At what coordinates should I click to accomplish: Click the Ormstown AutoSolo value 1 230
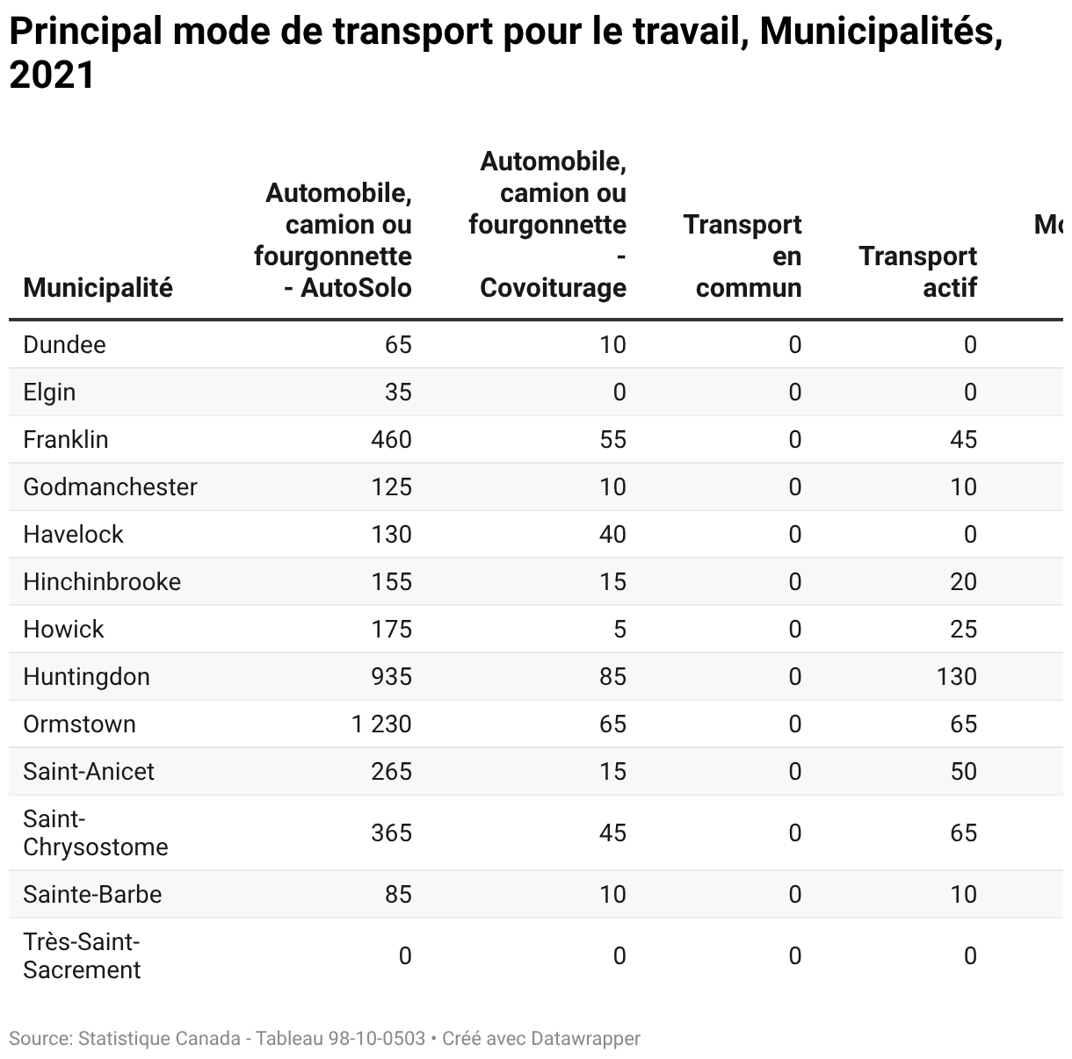pyautogui.click(x=381, y=724)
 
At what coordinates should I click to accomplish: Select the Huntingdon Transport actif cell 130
pyautogui.click(x=956, y=676)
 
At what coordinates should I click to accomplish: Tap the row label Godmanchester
pyautogui.click(x=110, y=486)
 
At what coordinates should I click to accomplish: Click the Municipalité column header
pyautogui.click(x=98, y=287)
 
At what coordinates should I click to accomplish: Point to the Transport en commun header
pyautogui.click(x=742, y=256)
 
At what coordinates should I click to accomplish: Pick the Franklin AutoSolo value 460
pyautogui.click(x=391, y=439)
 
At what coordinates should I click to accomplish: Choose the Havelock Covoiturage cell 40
pyautogui.click(x=612, y=534)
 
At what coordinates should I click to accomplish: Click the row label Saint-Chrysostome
pyautogui.click(x=95, y=832)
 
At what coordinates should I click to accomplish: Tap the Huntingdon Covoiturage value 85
pyautogui.click(x=612, y=676)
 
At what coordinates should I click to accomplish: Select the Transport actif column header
pyautogui.click(x=917, y=271)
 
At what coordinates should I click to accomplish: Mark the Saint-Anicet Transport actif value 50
pyautogui.click(x=963, y=771)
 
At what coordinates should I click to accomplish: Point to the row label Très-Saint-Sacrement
pyautogui.click(x=82, y=955)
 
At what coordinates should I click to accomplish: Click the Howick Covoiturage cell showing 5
pyautogui.click(x=619, y=629)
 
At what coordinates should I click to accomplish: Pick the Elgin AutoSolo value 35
pyautogui.click(x=398, y=392)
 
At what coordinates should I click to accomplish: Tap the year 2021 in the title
pyautogui.click(x=51, y=76)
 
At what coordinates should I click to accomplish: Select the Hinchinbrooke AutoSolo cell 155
pyautogui.click(x=391, y=581)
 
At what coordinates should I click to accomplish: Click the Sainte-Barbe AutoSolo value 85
pyautogui.click(x=398, y=894)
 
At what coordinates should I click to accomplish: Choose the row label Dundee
pyautogui.click(x=64, y=344)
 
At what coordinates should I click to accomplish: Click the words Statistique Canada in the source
pyautogui.click(x=159, y=1039)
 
